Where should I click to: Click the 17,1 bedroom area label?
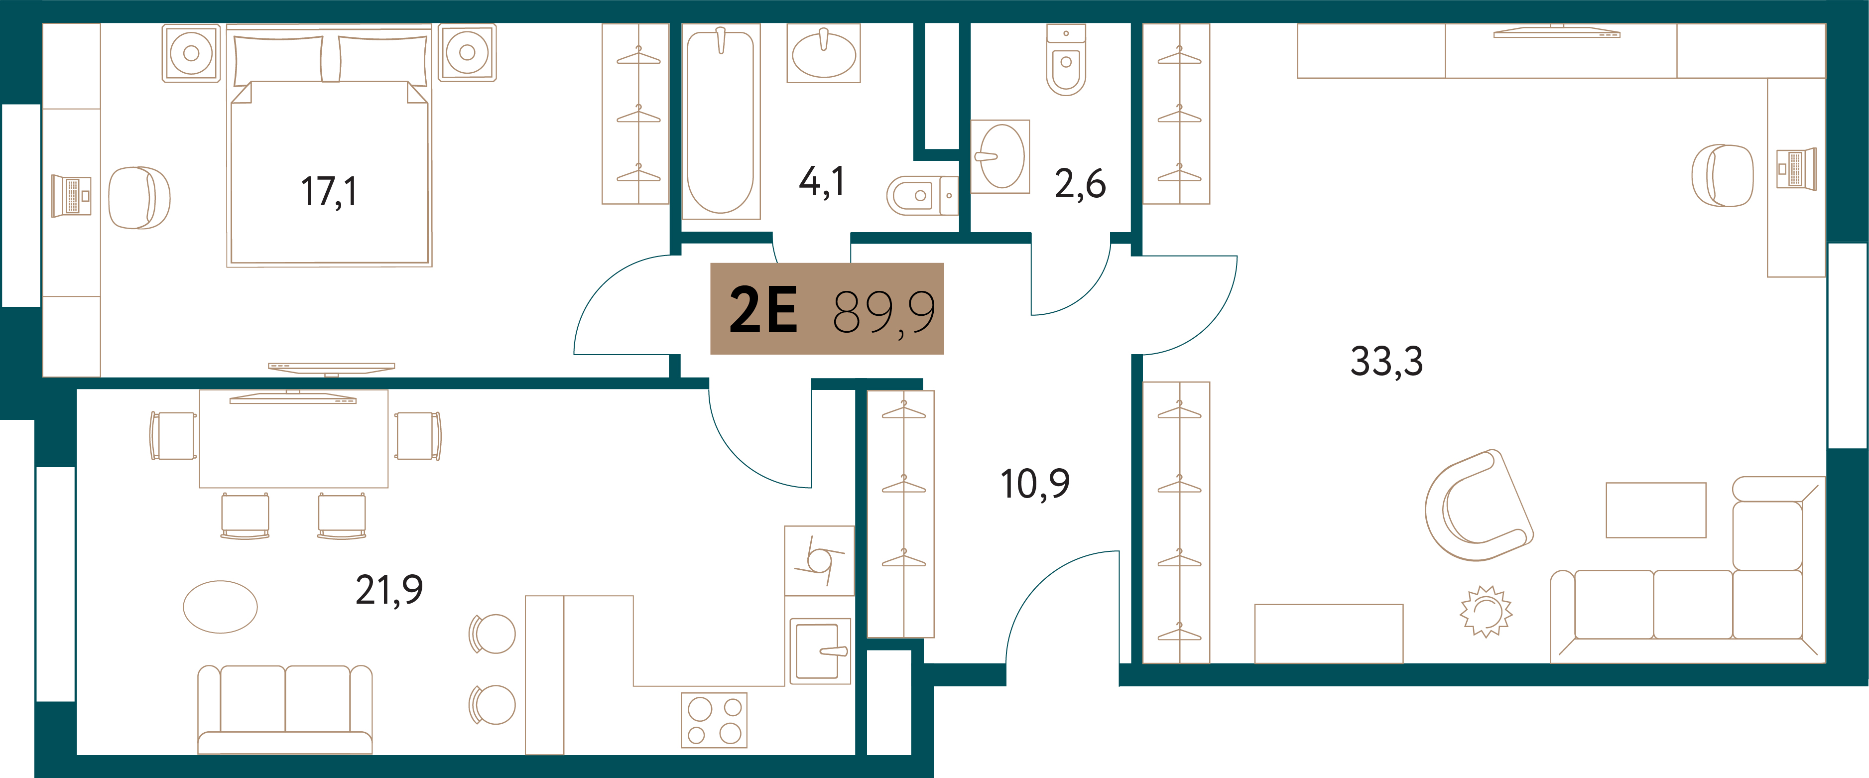coord(329,192)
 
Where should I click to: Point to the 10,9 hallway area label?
coord(1035,484)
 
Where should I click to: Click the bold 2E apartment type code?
coord(762,309)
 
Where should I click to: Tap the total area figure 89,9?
coord(884,312)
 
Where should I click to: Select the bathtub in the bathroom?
coord(721,121)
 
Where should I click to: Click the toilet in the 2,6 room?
coord(1066,60)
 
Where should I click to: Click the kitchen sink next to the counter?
coord(820,651)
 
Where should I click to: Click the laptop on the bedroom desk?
coord(71,196)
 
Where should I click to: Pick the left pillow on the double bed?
coord(277,59)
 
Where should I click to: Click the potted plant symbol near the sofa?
coord(1486,611)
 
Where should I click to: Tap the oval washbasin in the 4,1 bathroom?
coord(824,54)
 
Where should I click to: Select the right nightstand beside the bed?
coord(467,52)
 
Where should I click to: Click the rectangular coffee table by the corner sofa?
coord(1656,510)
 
